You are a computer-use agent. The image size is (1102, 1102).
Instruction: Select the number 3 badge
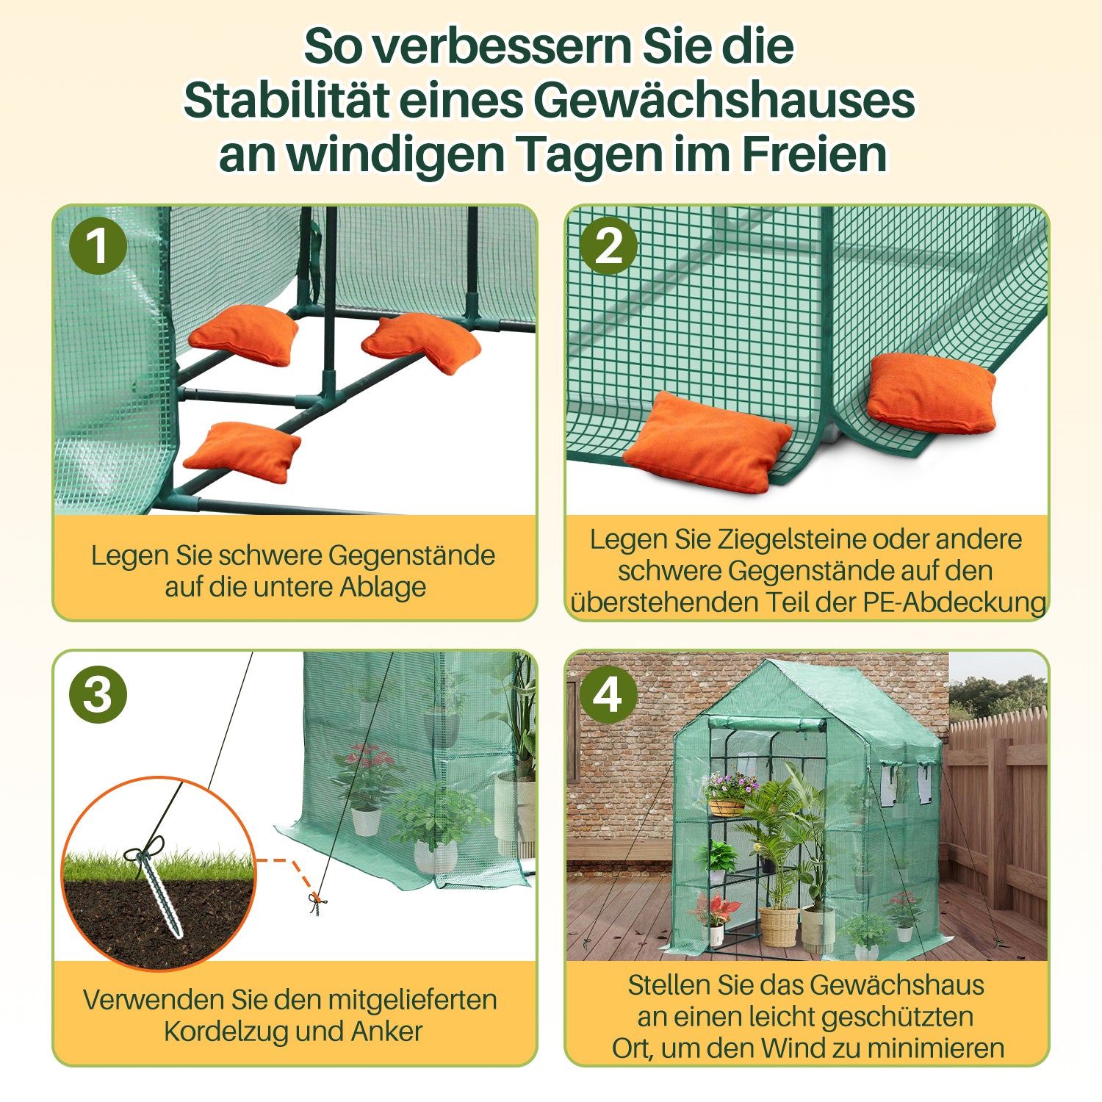point(98,694)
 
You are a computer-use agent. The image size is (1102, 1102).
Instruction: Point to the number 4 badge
point(608,694)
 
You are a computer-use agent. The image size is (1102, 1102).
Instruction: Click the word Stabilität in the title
point(286,100)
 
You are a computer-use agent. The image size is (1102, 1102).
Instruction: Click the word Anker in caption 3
point(386,1031)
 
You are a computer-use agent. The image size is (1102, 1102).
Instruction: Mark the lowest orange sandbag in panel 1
point(242,452)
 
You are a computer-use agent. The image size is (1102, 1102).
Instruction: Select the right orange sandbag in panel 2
point(932,394)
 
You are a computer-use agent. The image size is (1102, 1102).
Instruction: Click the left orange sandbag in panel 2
point(706,442)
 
